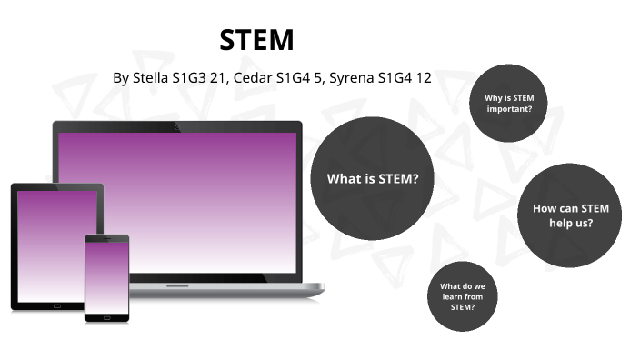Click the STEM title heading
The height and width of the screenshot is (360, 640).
[257, 40]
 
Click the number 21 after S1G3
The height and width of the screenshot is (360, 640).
[216, 77]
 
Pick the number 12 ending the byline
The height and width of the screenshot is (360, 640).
[422, 77]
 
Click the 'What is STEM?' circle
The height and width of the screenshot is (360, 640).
[373, 178]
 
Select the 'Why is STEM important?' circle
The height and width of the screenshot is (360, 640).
[508, 104]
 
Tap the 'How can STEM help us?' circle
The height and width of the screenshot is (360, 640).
[571, 215]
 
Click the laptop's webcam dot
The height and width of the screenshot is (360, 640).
[177, 126]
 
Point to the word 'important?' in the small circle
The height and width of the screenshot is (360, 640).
[509, 109]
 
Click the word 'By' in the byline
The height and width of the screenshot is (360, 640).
[122, 77]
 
